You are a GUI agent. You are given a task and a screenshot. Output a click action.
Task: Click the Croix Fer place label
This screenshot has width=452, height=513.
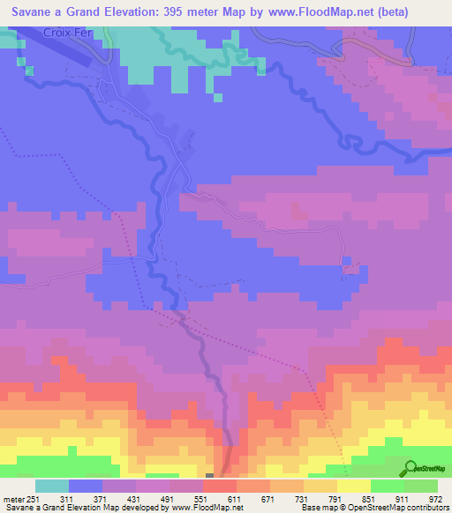67,32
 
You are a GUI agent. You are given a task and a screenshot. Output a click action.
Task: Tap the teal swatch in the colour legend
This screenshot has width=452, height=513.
51,486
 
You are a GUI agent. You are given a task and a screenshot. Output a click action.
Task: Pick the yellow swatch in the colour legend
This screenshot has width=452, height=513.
353,486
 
